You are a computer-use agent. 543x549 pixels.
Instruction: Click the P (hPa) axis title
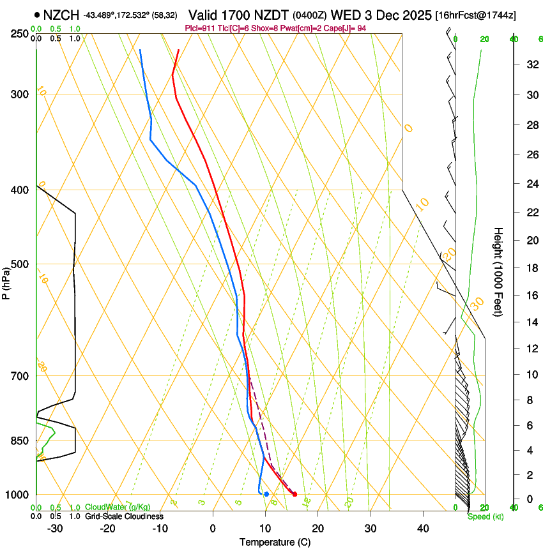coord(6,282)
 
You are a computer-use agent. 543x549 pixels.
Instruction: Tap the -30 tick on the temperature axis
coord(55,529)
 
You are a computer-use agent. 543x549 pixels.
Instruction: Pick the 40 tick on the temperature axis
coord(423,529)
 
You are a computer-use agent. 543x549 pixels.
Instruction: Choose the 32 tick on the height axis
coord(531,64)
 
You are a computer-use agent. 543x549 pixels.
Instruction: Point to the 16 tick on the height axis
coord(531,296)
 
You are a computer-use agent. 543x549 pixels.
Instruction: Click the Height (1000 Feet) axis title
coord(498,271)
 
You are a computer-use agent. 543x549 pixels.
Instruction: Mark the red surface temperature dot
coord(294,494)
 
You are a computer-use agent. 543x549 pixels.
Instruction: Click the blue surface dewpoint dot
coord(266,494)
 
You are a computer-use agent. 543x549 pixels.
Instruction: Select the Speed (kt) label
coord(485,516)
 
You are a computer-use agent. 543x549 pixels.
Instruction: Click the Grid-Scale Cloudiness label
coord(124,516)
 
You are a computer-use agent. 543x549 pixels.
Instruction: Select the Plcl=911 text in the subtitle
coord(200,28)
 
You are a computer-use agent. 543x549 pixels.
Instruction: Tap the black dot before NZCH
coord(38,14)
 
